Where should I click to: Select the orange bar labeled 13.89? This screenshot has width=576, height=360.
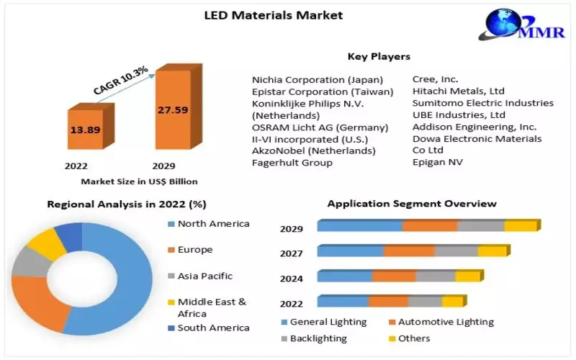point(85,130)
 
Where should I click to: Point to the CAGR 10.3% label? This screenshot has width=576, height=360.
point(120,80)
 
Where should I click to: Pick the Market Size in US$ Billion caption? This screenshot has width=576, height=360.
point(139,181)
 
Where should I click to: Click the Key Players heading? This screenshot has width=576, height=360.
point(379,56)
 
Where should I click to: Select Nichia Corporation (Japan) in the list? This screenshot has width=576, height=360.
point(318,79)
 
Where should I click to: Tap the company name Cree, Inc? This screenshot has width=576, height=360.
point(435,79)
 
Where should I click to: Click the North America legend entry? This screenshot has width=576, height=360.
point(213,224)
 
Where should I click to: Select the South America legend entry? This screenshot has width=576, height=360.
point(213,328)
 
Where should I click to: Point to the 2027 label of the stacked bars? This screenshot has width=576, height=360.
point(291,253)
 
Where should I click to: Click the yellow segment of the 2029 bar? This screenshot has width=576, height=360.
point(520,226)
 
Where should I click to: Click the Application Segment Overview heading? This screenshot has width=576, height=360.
point(412,204)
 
